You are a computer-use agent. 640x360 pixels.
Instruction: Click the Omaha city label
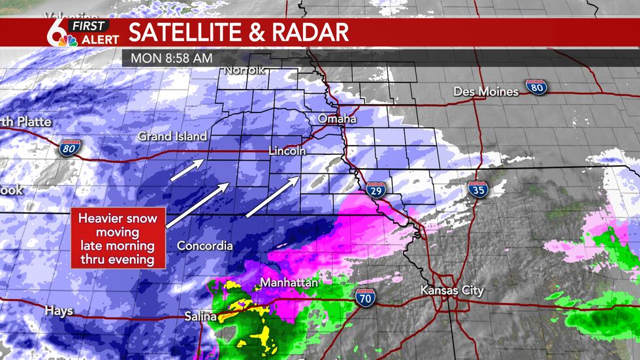click(337, 120)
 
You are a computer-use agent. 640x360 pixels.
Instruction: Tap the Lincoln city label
click(287, 151)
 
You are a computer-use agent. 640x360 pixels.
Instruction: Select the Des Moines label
click(486, 91)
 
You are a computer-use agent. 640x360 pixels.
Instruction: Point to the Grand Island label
click(172, 137)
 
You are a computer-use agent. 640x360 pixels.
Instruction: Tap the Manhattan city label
click(289, 283)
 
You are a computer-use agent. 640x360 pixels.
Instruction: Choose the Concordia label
click(204, 246)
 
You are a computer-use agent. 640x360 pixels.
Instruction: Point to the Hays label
click(59, 311)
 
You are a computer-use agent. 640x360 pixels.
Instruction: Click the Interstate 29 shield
click(375, 189)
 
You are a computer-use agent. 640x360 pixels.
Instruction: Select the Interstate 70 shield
click(366, 298)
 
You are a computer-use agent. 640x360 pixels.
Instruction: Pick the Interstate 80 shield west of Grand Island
click(68, 148)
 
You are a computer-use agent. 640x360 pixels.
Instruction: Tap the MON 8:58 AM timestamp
click(171, 57)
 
